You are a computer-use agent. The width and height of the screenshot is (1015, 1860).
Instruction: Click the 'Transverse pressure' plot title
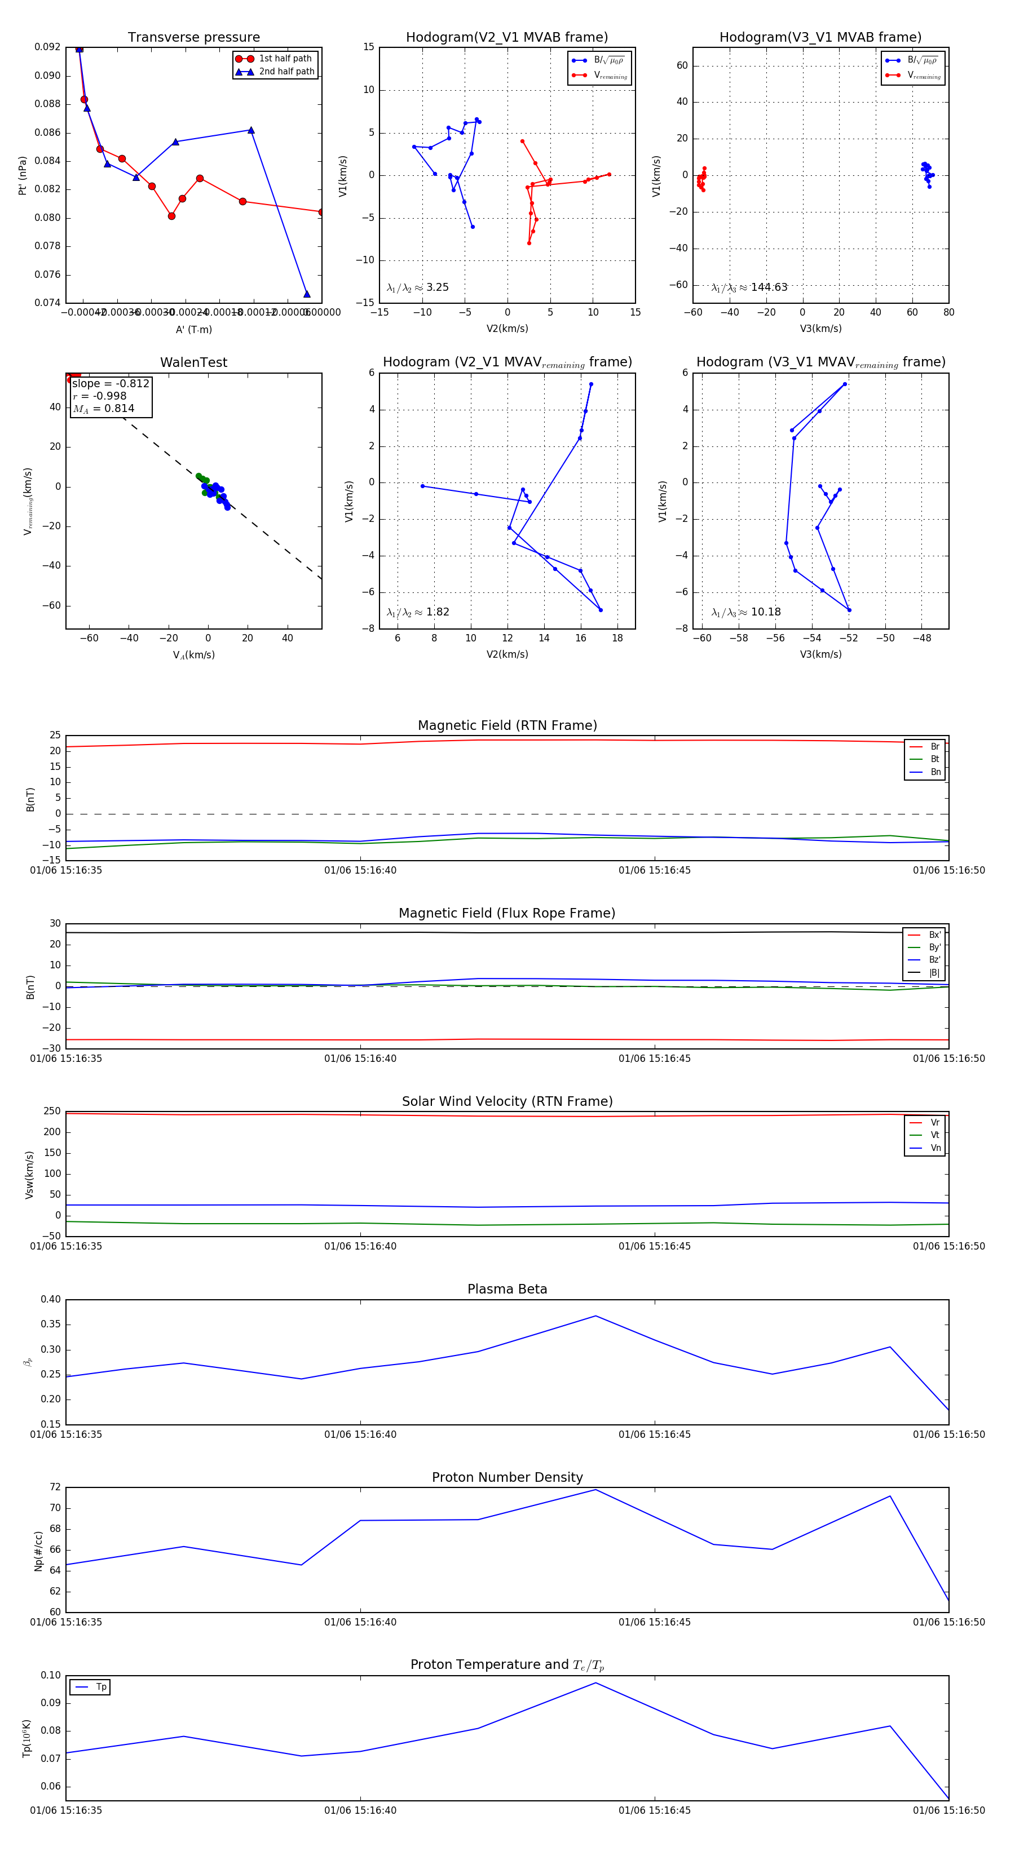[x=193, y=38]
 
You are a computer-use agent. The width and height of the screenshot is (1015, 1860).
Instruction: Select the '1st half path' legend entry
[x=285, y=59]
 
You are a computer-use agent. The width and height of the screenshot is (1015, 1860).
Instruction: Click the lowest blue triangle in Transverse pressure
[x=307, y=294]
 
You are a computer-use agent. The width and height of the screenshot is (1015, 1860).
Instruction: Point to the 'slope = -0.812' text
[x=111, y=383]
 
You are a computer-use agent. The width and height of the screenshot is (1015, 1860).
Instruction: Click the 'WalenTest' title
[x=193, y=362]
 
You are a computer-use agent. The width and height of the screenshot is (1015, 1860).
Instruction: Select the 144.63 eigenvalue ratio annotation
[x=769, y=287]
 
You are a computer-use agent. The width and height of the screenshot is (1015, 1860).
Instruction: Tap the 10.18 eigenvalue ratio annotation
[x=766, y=612]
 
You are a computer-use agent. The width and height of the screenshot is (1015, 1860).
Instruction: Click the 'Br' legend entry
[x=935, y=747]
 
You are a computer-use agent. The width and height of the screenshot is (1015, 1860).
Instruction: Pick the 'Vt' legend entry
[x=935, y=1135]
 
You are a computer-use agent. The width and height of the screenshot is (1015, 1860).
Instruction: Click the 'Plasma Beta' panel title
[x=507, y=1290]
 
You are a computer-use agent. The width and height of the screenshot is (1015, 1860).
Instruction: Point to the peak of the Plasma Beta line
[x=596, y=1316]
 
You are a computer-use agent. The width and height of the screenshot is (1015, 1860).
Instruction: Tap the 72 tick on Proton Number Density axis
[x=55, y=1487]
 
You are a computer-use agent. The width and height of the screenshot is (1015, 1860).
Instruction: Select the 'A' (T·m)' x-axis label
[x=193, y=330]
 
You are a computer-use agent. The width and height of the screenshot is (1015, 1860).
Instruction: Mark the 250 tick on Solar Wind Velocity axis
[x=52, y=1111]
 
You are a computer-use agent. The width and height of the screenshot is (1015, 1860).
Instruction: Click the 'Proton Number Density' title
[x=507, y=1477]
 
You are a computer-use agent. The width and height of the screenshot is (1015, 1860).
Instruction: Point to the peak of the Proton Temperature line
[x=596, y=1683]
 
